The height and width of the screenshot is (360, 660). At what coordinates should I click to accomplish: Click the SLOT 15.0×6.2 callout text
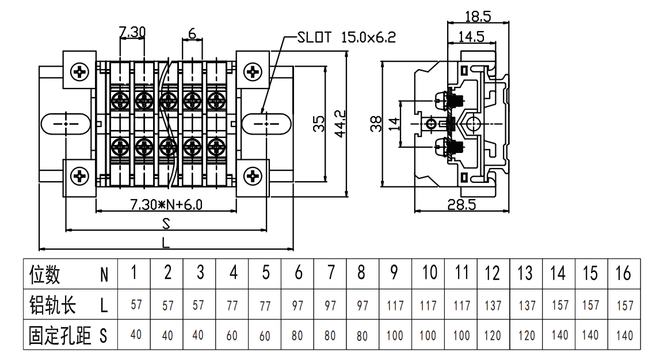[x=346, y=37]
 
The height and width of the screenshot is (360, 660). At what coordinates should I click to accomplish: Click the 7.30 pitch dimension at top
[x=132, y=32]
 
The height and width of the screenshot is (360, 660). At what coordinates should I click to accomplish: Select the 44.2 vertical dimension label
[x=340, y=124]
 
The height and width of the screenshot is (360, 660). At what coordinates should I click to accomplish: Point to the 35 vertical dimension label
[x=319, y=124]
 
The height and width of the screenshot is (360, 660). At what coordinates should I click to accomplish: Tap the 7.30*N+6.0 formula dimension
[x=166, y=204]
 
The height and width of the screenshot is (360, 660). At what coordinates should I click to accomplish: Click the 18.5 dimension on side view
[x=478, y=17]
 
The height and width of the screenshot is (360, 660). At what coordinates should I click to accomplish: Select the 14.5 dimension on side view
[x=471, y=37]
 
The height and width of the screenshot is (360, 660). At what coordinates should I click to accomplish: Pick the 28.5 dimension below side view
[x=461, y=205]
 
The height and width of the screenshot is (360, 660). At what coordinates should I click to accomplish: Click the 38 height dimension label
[x=376, y=124]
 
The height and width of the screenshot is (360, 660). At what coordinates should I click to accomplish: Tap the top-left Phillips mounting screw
[x=79, y=72]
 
